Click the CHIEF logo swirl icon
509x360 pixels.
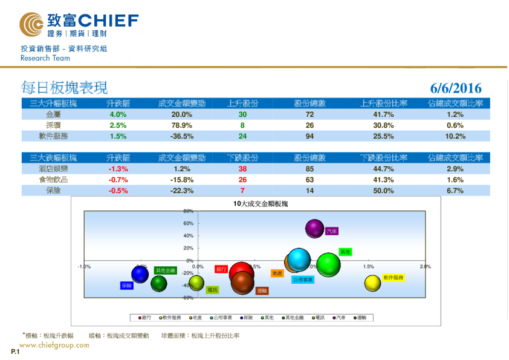pos(31,24)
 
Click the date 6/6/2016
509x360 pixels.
pos(456,88)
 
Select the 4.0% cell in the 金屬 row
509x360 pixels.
pos(117,114)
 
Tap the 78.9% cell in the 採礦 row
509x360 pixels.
pos(181,125)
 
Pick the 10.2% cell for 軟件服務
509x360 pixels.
pos(455,136)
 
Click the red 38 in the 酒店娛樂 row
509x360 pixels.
pos(242,169)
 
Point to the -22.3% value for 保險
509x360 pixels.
pos(181,191)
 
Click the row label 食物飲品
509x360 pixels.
pos(53,180)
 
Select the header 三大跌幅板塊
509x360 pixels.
pos(53,158)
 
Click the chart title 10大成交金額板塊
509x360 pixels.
pos(261,204)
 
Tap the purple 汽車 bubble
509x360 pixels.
pos(314,228)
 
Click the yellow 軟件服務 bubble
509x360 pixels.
pos(372,283)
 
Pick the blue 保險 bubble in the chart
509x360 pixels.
pos(140,275)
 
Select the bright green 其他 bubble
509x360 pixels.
pos(328,264)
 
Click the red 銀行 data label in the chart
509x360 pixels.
pos(221,269)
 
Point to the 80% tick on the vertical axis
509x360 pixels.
pos(188,211)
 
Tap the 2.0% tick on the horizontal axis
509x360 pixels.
pos(425,266)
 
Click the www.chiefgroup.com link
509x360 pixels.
pos(54,345)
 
